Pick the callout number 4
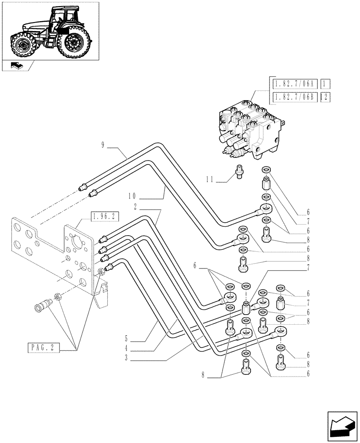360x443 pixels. pos(127,349)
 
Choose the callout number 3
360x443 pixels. pos(127,358)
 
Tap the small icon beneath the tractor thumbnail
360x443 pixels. pos(16,66)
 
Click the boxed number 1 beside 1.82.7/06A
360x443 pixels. pos(326,84)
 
